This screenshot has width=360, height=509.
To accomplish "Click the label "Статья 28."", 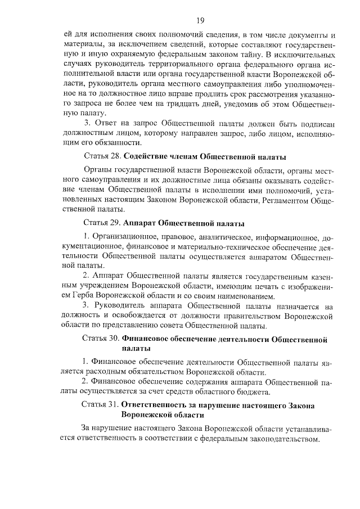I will point(102,156).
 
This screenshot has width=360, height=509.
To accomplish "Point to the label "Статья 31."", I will point(102,405).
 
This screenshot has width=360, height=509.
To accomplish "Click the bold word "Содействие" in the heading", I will point(147,156).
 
